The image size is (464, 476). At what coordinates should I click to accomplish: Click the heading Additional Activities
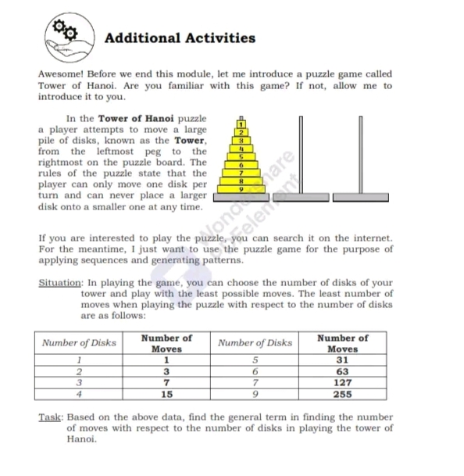pyautogui.click(x=180, y=38)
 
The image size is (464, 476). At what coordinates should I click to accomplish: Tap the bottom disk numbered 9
pyautogui.click(x=242, y=189)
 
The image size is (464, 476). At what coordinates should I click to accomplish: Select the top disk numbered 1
pyautogui.click(x=242, y=123)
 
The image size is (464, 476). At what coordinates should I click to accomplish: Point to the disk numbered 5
pyautogui.click(x=242, y=156)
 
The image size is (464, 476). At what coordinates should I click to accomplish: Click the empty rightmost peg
pyautogui.click(x=360, y=156)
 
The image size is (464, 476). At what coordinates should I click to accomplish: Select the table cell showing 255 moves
pyautogui.click(x=342, y=395)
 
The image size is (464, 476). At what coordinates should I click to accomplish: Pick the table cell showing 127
pyautogui.click(x=342, y=383)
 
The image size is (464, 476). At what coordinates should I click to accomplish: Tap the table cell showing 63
pyautogui.click(x=342, y=372)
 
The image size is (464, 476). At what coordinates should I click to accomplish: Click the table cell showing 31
pyautogui.click(x=342, y=360)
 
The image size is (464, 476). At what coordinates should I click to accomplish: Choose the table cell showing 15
pyautogui.click(x=166, y=395)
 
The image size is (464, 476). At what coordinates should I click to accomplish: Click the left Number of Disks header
pyautogui.click(x=79, y=342)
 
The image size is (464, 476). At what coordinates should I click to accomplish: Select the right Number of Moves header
pyautogui.click(x=342, y=343)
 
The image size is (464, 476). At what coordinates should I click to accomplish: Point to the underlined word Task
pyautogui.click(x=49, y=417)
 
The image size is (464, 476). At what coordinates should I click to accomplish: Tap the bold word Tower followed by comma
pyautogui.click(x=191, y=140)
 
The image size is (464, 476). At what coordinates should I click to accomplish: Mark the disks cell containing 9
pyautogui.click(x=255, y=395)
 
